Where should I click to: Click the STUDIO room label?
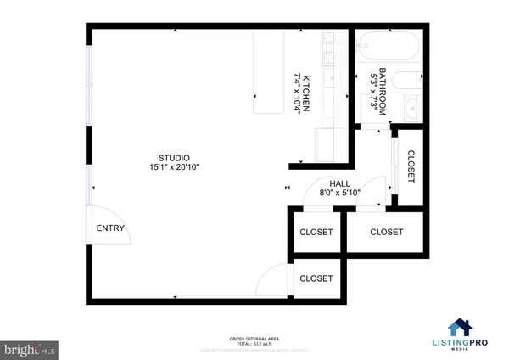coord(174,158)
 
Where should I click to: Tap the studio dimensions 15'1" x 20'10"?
coord(174,168)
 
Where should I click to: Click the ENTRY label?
coord(110,228)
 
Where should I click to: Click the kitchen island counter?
coord(269,71)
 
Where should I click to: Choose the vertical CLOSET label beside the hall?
coord(411,166)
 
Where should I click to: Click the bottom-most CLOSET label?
coord(316,278)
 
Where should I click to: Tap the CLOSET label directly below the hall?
coord(316,232)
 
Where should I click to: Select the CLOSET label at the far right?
coord(385,232)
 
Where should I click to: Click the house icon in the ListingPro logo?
coord(460,328)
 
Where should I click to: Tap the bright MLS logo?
coord(30,347)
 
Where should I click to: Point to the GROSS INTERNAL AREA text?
coord(255,337)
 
